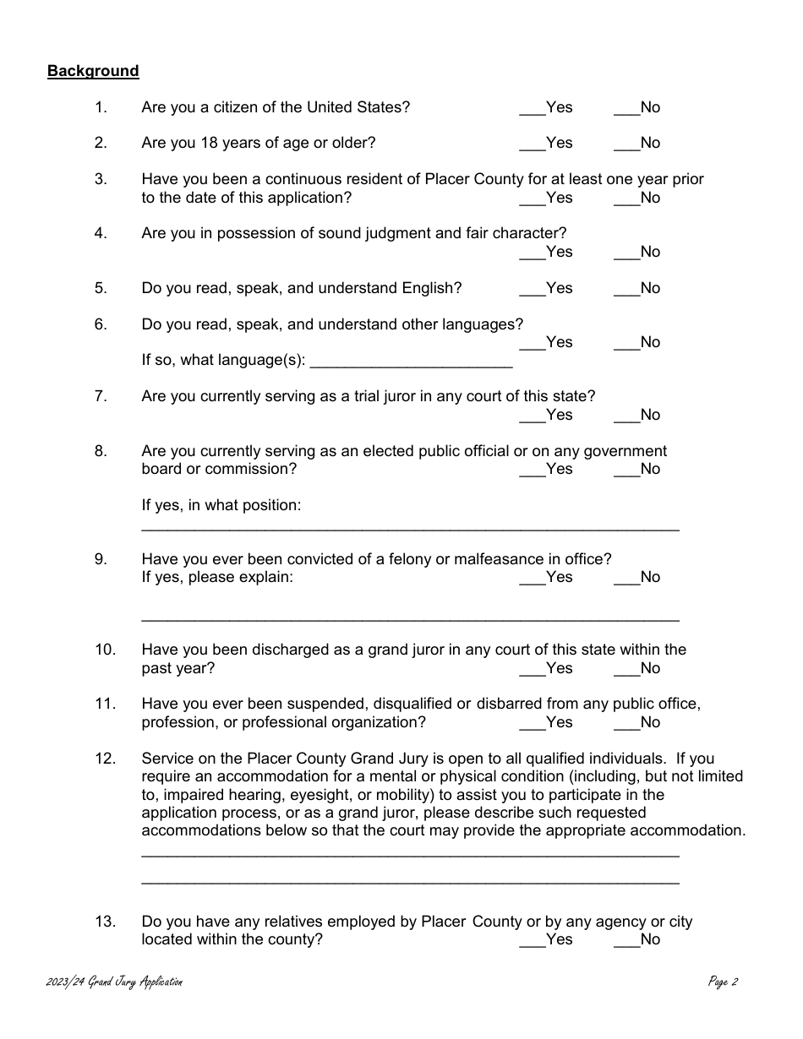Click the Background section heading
(93, 71)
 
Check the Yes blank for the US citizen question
(532, 108)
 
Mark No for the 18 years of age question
(626, 144)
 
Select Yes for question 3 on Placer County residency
(532, 199)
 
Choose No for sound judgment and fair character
(626, 253)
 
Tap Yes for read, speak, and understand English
(532, 289)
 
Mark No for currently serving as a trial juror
(626, 416)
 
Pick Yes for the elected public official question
(532, 470)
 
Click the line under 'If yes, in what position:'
(410, 527)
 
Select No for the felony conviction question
(626, 578)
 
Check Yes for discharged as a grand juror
(532, 669)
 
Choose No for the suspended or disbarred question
(626, 723)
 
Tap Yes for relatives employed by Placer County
(532, 940)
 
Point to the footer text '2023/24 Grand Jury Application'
(115, 982)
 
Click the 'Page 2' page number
(724, 982)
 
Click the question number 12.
(105, 759)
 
